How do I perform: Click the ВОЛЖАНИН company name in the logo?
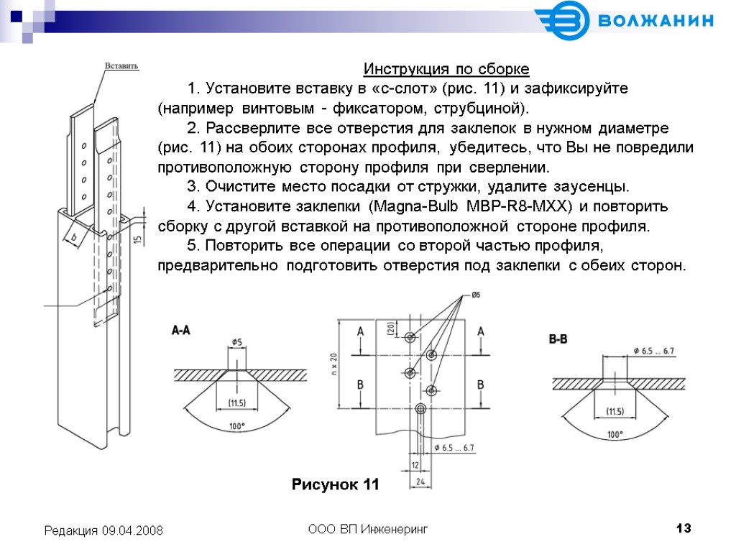point(655,21)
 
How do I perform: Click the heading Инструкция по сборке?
point(446,70)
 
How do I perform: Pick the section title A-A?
point(180,331)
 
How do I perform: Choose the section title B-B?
point(558,339)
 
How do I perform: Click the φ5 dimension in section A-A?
point(237,342)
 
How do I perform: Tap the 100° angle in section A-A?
point(237,426)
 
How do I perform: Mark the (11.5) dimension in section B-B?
point(615,412)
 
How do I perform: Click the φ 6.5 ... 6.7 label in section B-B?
point(654,351)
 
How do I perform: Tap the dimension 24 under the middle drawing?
point(421,481)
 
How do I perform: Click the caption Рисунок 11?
point(335,484)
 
